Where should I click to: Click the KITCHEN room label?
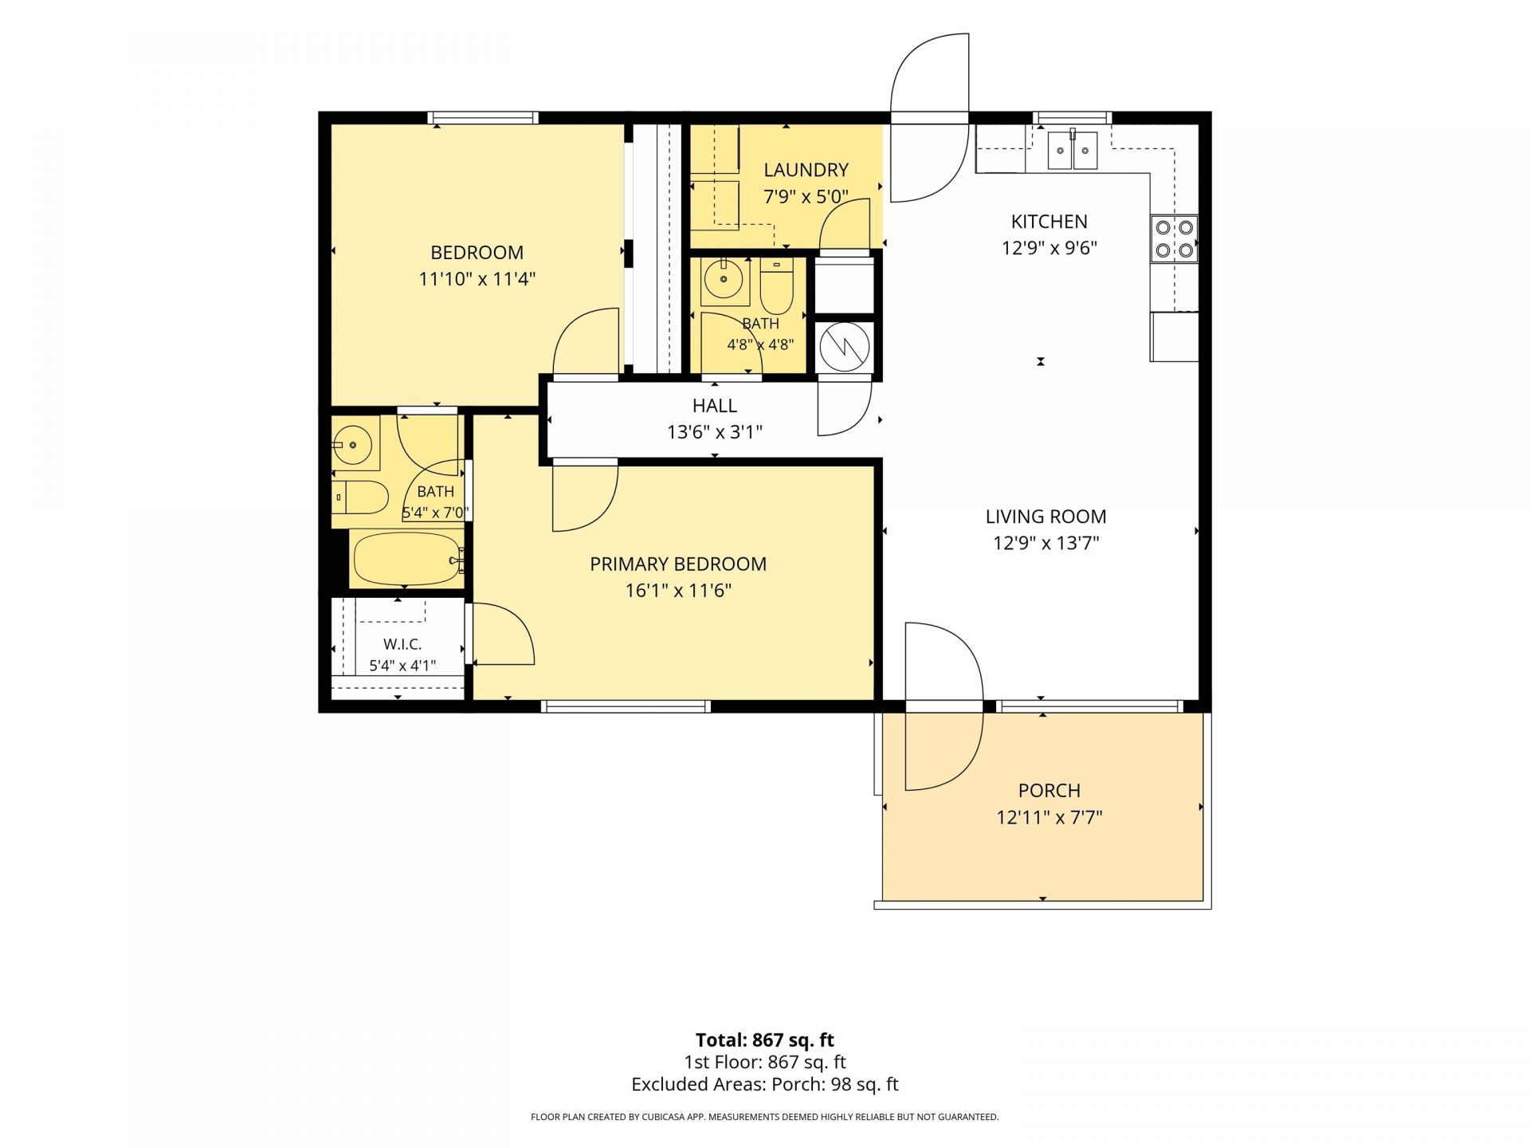(x=1049, y=222)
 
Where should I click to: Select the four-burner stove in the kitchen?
(x=1174, y=238)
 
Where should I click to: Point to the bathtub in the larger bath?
(x=407, y=559)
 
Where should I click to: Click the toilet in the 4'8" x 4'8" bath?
(x=776, y=286)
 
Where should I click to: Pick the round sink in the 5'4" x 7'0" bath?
(x=351, y=443)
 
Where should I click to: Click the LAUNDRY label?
(x=806, y=170)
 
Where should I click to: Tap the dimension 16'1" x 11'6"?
(x=678, y=591)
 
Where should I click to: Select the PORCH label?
(x=1049, y=791)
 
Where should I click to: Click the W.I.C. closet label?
(x=402, y=644)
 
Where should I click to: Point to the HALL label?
(x=715, y=406)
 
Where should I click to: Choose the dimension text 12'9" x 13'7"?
(x=1045, y=543)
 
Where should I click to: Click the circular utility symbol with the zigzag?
(x=845, y=347)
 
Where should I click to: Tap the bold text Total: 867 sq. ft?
(x=765, y=1040)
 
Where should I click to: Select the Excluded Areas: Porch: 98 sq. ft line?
(x=765, y=1084)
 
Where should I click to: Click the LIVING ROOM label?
(x=1045, y=517)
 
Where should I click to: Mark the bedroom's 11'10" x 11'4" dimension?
(x=477, y=279)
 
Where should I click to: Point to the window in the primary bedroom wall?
(x=626, y=706)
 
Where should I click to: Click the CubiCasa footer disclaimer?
(x=765, y=1117)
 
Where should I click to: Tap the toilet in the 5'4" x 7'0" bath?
(x=359, y=497)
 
